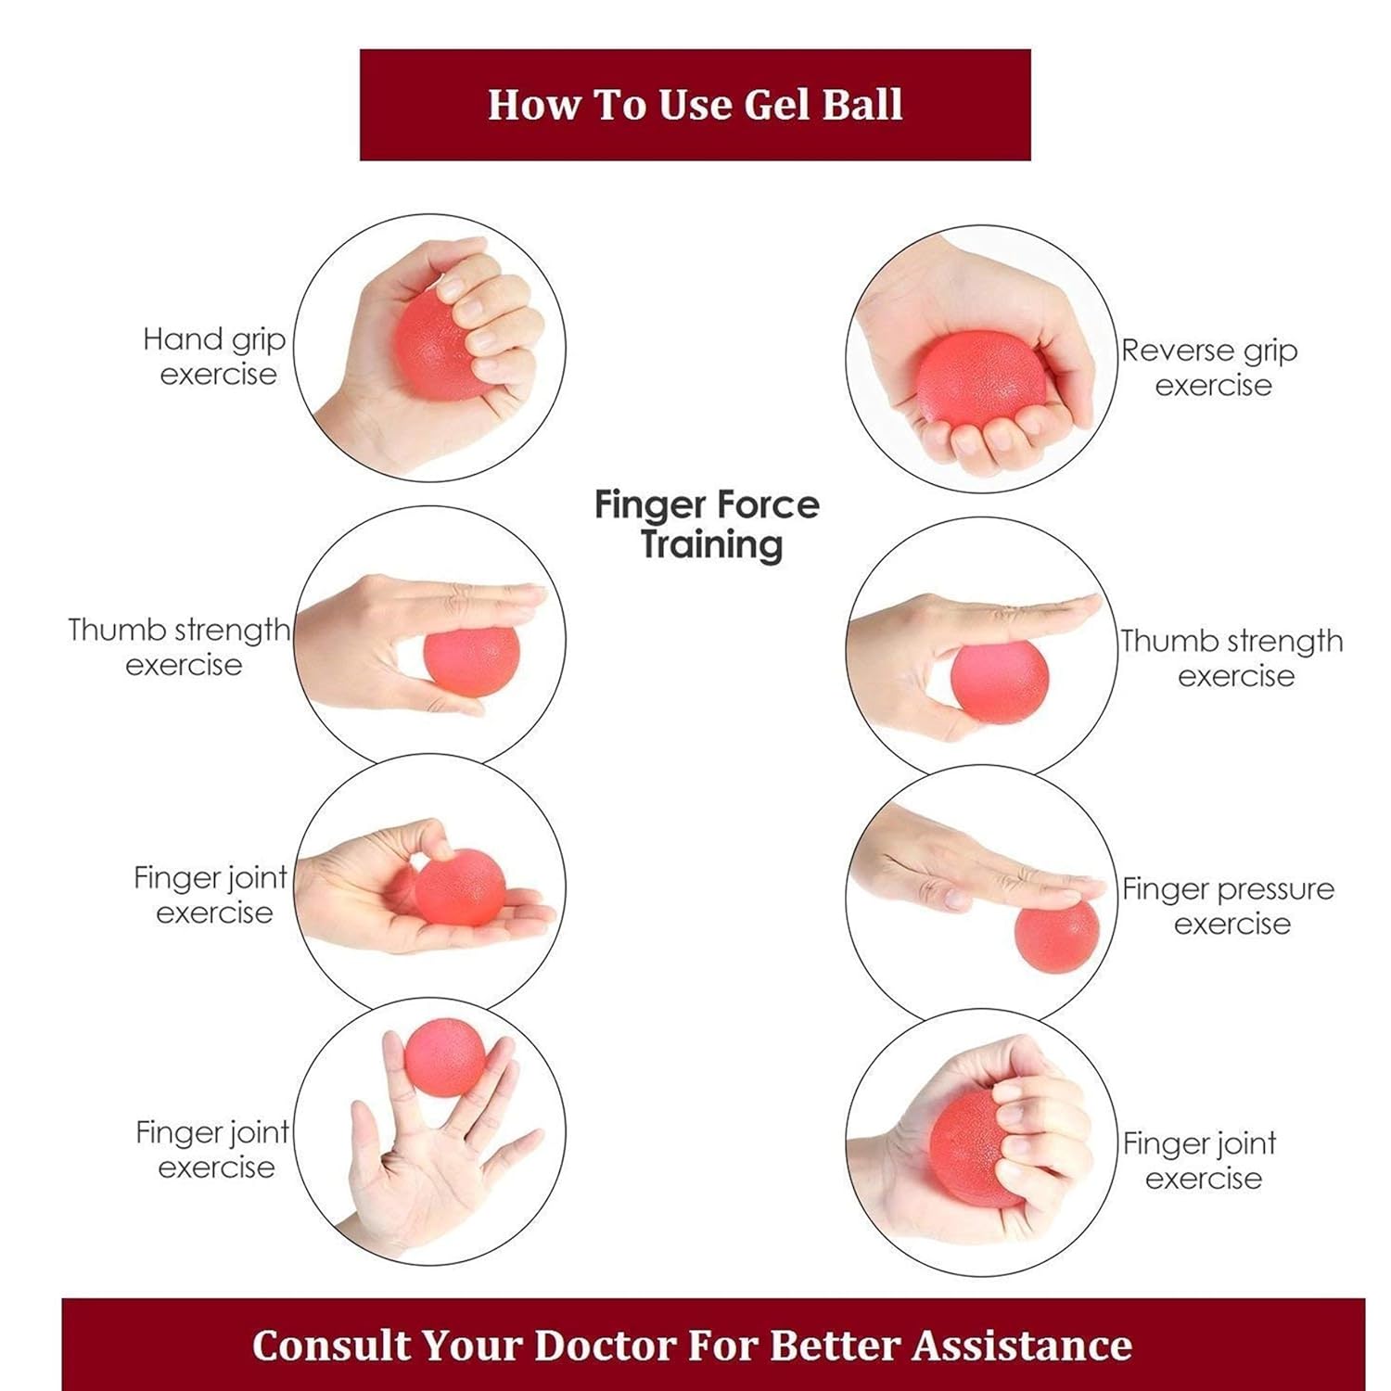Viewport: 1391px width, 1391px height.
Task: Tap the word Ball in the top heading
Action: pyautogui.click(x=862, y=104)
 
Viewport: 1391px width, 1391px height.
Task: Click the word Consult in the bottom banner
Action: pyautogui.click(x=331, y=1345)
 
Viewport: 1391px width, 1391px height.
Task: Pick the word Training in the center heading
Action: pyautogui.click(x=711, y=543)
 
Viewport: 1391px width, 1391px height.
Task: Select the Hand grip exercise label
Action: pyautogui.click(x=215, y=357)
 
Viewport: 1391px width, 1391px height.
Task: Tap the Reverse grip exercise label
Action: pyautogui.click(x=1209, y=368)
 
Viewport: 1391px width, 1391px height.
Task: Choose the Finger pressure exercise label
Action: pyautogui.click(x=1228, y=906)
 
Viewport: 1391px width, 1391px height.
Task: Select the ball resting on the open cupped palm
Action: pyautogui.click(x=460, y=887)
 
